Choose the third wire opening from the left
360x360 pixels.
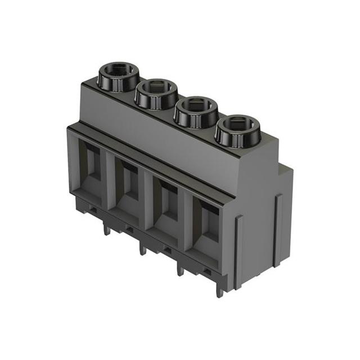(167, 202)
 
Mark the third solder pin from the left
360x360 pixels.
(180, 268)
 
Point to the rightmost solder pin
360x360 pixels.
(219, 287)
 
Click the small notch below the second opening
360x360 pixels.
(129, 228)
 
